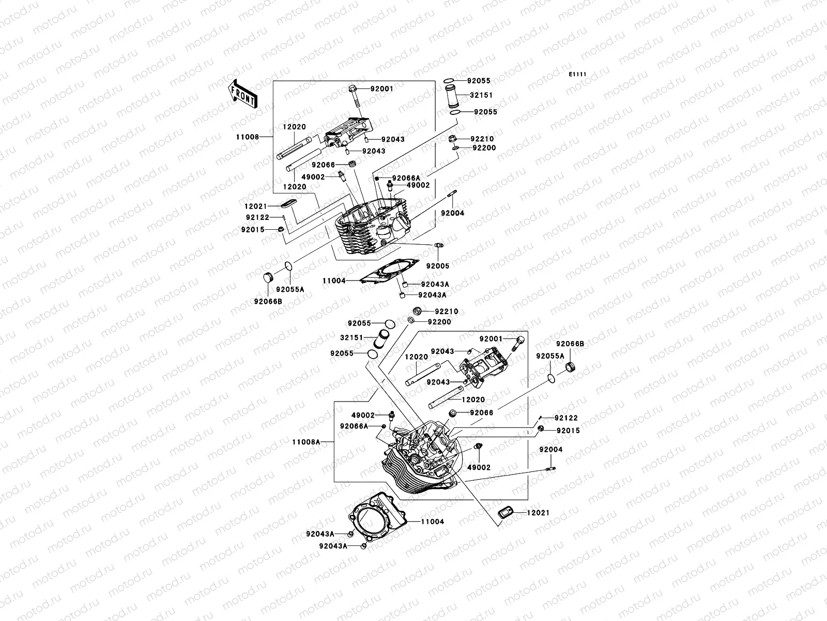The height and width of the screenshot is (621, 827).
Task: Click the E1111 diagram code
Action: pos(578,75)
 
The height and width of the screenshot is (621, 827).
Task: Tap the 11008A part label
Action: pos(306,442)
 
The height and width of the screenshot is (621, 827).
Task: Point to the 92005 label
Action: pos(437,266)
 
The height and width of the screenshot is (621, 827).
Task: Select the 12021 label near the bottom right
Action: pos(538,513)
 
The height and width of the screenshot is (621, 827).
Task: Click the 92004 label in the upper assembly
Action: pos(452,213)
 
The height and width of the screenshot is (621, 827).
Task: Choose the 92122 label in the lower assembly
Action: pos(566,418)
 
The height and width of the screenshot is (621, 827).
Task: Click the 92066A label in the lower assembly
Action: pos(354,426)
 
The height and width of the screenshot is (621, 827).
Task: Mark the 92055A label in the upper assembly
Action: pos(289,290)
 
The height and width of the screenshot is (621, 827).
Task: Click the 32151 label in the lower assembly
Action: pos(351,337)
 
